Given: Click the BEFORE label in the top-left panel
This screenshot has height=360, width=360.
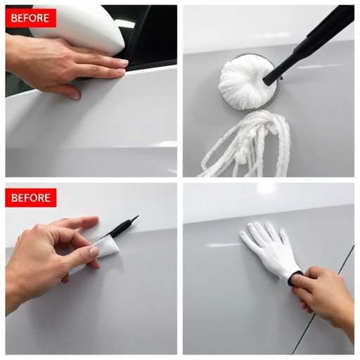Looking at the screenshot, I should tap(30, 18).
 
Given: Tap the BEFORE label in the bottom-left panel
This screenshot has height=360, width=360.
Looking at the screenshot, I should tap(30, 198).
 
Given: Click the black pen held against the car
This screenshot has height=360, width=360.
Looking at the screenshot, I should tap(121, 227).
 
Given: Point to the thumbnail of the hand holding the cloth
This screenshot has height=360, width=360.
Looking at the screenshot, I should tap(94, 251).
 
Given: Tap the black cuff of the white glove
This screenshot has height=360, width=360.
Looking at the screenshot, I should tap(296, 277).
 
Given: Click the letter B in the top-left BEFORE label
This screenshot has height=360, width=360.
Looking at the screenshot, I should tap(12, 18).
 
